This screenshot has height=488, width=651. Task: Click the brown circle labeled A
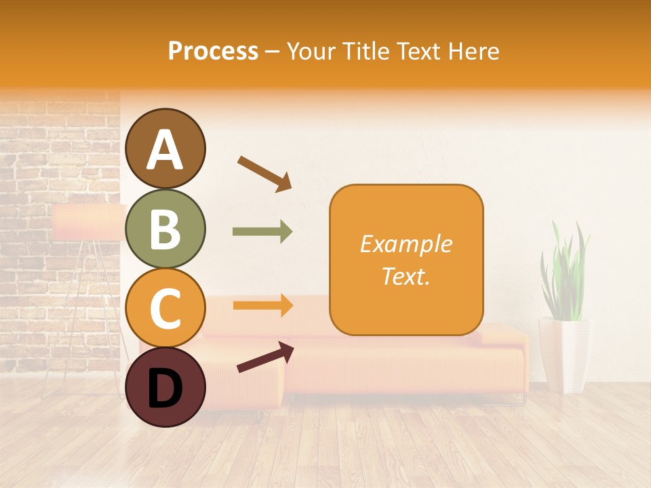165,148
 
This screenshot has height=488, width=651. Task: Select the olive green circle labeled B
165,228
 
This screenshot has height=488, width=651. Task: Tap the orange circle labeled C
165,308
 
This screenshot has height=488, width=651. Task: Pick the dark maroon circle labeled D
165,387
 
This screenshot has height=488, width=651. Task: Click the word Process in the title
213,51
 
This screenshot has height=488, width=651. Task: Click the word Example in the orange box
406,244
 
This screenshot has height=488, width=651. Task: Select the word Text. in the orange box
406,276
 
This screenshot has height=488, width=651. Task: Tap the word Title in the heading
364,51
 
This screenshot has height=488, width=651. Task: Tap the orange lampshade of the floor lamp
88,222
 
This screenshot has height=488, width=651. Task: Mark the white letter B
165,228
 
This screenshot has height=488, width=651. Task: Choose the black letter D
165,388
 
